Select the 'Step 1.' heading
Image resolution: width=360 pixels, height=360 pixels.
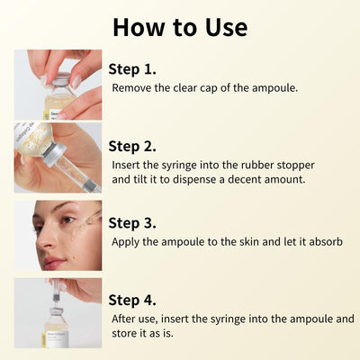pyautogui.click(x=132, y=68)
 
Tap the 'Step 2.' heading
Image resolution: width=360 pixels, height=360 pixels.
pyautogui.click(x=132, y=146)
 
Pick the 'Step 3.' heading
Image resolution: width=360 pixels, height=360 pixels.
pyautogui.click(x=132, y=222)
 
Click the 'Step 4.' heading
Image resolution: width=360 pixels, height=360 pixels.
pyautogui.click(x=132, y=300)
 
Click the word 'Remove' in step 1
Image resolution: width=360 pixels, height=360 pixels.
pyautogui.click(x=132, y=88)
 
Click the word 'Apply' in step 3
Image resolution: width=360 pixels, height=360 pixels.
pyautogui.click(x=128, y=241)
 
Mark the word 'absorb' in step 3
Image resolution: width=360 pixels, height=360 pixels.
pyautogui.click(x=324, y=241)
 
